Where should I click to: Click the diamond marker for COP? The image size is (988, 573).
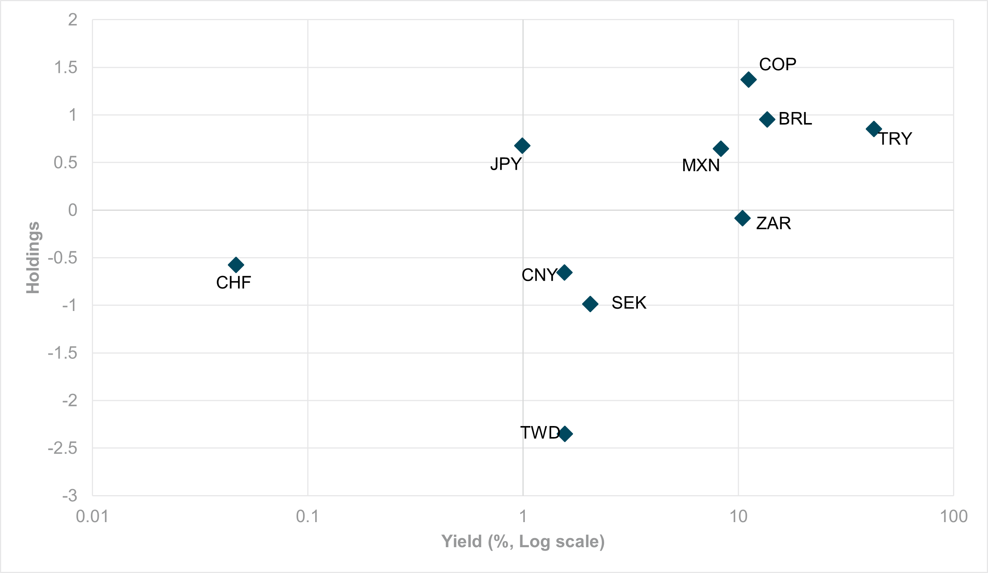click(748, 80)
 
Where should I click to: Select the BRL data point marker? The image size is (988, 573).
click(767, 119)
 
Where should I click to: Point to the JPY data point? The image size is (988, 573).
click(522, 145)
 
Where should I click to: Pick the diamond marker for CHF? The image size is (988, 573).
click(236, 265)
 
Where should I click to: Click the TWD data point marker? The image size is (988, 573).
click(565, 434)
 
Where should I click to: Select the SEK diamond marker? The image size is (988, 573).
click(590, 304)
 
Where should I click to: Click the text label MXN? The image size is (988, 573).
click(701, 166)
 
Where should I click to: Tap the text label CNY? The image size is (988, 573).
click(539, 275)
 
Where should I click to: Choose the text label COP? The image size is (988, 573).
click(778, 64)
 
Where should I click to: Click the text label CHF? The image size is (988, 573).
click(234, 283)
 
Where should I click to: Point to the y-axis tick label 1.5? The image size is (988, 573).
click(66, 68)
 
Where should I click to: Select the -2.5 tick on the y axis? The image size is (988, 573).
click(63, 448)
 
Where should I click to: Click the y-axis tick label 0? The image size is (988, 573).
click(73, 210)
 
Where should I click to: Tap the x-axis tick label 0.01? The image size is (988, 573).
click(92, 516)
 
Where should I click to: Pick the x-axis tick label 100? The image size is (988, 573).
click(954, 516)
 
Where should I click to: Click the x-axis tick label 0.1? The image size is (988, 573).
click(308, 516)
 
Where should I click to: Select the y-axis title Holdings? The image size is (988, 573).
click(33, 258)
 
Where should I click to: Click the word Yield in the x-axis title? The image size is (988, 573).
click(461, 541)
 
